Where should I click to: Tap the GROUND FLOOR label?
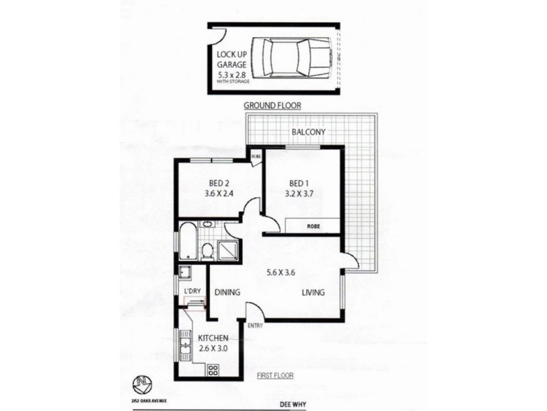pyautogui.click(x=273, y=105)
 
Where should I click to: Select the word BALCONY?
pyautogui.click(x=308, y=132)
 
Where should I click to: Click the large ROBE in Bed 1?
pyautogui.click(x=314, y=225)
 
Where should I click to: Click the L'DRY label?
pyautogui.click(x=192, y=292)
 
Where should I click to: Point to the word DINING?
pyautogui.click(x=228, y=292)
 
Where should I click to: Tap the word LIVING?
pyautogui.click(x=312, y=293)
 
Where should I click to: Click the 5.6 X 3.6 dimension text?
pyautogui.click(x=280, y=273)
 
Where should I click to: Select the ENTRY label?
pyautogui.click(x=255, y=325)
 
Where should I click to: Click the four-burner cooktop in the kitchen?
pyautogui.click(x=213, y=371)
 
